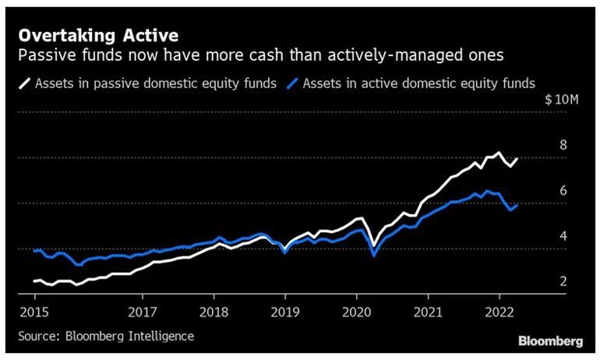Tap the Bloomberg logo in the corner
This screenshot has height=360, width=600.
pos(550,341)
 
